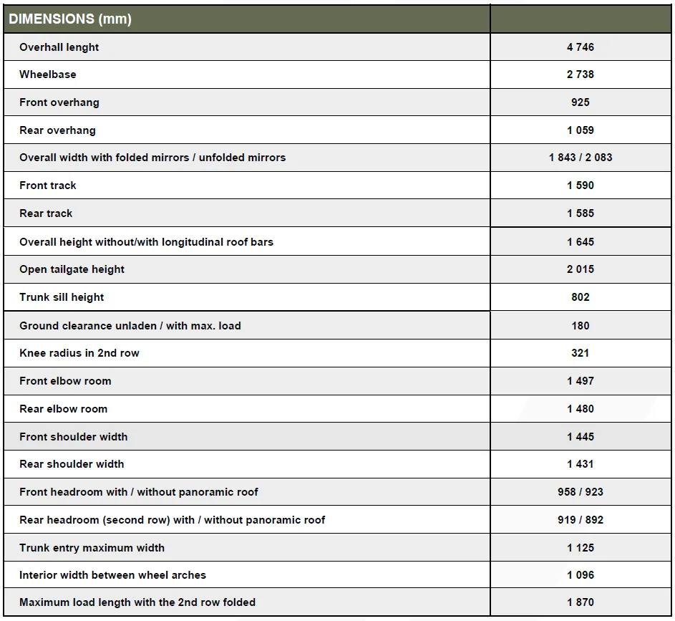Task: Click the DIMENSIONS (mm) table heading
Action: pyautogui.click(x=70, y=19)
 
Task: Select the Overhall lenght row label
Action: pyautogui.click(x=59, y=47)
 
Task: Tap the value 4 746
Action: pyautogui.click(x=581, y=47)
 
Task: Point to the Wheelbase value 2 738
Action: pyautogui.click(x=581, y=74)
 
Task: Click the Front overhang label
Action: pyautogui.click(x=59, y=102)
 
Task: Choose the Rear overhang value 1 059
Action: pyautogui.click(x=581, y=130)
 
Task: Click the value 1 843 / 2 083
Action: pyautogui.click(x=581, y=158)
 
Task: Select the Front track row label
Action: pyautogui.click(x=48, y=186)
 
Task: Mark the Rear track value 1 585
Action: pyautogui.click(x=581, y=213)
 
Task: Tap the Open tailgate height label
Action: pyautogui.click(x=72, y=269)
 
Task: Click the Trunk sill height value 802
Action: pyautogui.click(x=581, y=297)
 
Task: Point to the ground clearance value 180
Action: pyautogui.click(x=581, y=326)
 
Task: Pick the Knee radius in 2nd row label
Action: pyautogui.click(x=79, y=353)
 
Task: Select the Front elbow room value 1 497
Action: pyautogui.click(x=581, y=381)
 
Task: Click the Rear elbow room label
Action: pyautogui.click(x=63, y=409)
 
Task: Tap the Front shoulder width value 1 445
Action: pyautogui.click(x=581, y=437)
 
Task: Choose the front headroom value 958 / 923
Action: pyautogui.click(x=581, y=492)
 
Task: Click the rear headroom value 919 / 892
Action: pyautogui.click(x=581, y=520)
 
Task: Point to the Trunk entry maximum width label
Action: pyautogui.click(x=92, y=548)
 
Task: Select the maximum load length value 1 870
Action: pyautogui.click(x=581, y=602)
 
